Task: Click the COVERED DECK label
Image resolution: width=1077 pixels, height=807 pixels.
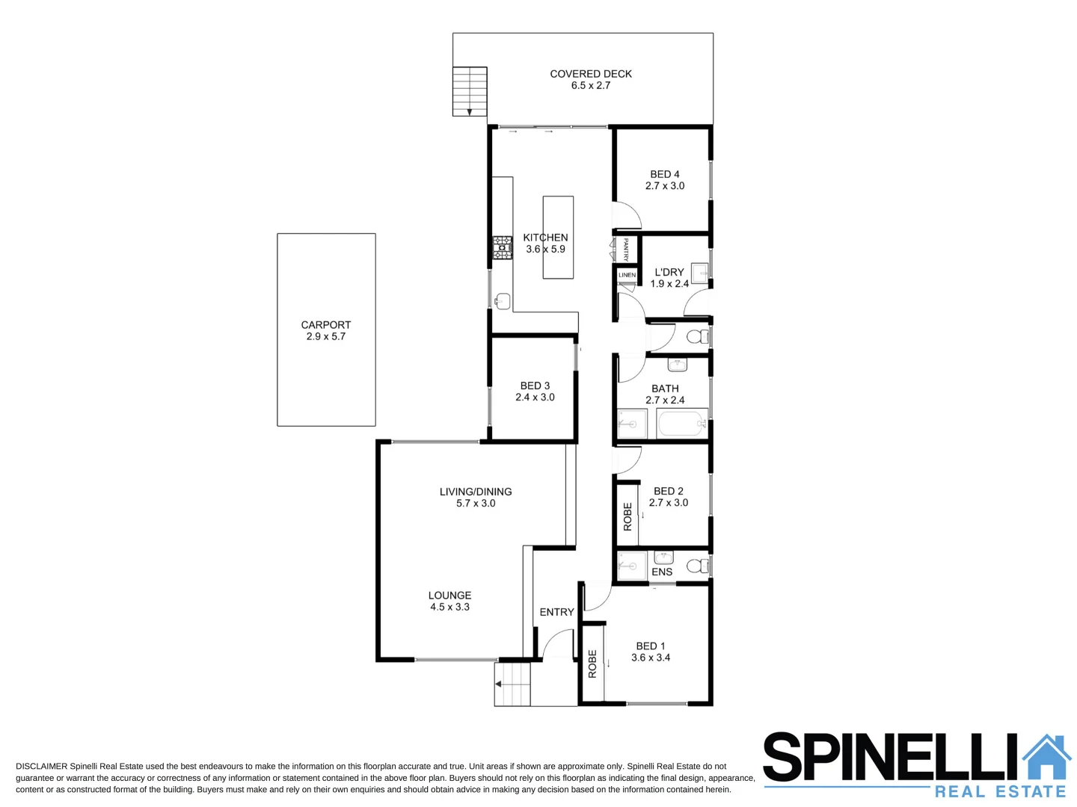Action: tap(590, 74)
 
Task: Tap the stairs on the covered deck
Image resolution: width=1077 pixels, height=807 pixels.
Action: tap(470, 91)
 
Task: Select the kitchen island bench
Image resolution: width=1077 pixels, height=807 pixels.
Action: tap(558, 237)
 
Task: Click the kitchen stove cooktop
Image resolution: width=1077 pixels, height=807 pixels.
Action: tap(502, 247)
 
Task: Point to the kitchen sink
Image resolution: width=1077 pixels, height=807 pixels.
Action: tap(503, 301)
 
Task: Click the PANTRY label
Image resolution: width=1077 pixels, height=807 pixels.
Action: tap(625, 249)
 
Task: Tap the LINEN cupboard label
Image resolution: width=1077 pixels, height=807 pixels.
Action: tap(627, 275)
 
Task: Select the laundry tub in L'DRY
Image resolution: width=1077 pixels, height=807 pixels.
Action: tap(699, 273)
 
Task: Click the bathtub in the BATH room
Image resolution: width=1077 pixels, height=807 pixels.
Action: tap(681, 424)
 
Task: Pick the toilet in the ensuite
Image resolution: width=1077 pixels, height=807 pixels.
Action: tap(697, 566)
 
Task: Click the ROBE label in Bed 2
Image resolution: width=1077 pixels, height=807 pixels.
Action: tap(628, 516)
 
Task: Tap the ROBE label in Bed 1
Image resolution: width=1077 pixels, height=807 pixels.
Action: tap(592, 664)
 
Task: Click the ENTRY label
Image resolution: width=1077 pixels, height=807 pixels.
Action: tap(556, 612)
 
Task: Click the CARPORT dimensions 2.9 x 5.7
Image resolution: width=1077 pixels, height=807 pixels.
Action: tap(325, 337)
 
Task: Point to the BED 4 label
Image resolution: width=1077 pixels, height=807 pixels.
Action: tap(664, 174)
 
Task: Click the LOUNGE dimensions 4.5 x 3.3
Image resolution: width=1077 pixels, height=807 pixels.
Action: tap(449, 607)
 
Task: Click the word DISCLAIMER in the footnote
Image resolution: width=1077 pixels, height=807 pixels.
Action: tap(41, 767)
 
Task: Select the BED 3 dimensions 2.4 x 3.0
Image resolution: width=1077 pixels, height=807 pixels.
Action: tap(535, 398)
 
